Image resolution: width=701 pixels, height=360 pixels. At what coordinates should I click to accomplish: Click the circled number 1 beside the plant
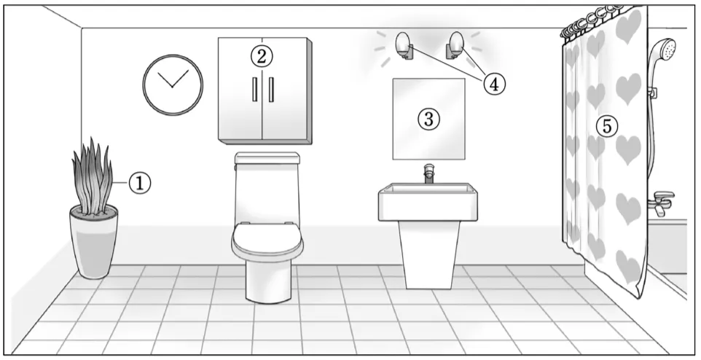(x=140, y=184)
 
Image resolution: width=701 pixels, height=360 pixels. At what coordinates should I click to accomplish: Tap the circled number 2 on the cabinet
(x=262, y=56)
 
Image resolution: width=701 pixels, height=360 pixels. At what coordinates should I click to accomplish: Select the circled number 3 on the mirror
(x=428, y=119)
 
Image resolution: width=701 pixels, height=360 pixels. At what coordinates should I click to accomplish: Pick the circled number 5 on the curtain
(x=607, y=126)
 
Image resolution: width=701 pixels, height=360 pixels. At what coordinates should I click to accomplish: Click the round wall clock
(x=173, y=85)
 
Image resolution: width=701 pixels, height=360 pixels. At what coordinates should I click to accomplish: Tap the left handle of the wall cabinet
(x=255, y=90)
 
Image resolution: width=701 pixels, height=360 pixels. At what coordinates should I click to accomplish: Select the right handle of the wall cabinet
(x=271, y=90)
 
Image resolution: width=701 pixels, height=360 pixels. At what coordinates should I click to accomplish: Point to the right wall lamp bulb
(x=457, y=42)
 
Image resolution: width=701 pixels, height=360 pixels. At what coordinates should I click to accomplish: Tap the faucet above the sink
(x=428, y=173)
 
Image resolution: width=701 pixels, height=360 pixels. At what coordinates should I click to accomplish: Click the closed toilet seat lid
(x=267, y=240)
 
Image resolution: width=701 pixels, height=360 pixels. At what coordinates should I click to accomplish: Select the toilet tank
(x=267, y=188)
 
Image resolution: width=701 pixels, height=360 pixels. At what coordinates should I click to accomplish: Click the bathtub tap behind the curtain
(x=661, y=202)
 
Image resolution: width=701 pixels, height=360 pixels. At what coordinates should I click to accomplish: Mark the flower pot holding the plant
(x=94, y=241)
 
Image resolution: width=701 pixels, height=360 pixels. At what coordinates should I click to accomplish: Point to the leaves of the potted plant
(x=93, y=176)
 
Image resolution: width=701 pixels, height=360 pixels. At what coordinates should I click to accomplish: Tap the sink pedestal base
(x=429, y=255)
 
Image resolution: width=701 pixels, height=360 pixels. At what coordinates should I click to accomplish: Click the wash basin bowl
(x=428, y=202)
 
